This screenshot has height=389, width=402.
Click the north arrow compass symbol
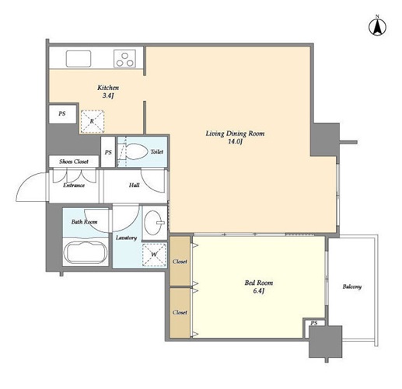click(x=377, y=26)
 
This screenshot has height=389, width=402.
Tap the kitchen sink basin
click(x=79, y=59)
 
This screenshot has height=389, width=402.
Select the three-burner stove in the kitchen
click(x=124, y=59)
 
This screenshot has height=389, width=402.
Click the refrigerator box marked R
click(x=93, y=121)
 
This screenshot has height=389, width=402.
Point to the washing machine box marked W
click(x=154, y=255)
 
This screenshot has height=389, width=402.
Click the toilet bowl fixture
click(x=135, y=151)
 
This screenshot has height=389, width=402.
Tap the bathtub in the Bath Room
click(x=86, y=252)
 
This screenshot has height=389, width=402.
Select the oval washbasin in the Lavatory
click(x=153, y=223)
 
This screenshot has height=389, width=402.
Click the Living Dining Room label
click(x=235, y=134)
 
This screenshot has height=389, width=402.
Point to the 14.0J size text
click(x=235, y=141)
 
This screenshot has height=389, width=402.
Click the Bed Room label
click(x=259, y=283)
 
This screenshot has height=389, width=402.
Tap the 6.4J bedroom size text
click(x=259, y=291)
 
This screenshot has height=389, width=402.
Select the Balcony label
click(x=352, y=287)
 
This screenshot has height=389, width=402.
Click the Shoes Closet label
click(x=74, y=162)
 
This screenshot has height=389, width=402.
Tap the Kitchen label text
click(x=108, y=88)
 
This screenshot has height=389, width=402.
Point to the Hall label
click(x=135, y=185)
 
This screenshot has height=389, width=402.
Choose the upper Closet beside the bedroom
click(x=180, y=261)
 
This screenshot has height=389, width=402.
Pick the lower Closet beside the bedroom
click(x=180, y=313)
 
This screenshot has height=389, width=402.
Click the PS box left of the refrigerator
click(x=62, y=114)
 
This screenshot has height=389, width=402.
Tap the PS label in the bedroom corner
click(x=314, y=323)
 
